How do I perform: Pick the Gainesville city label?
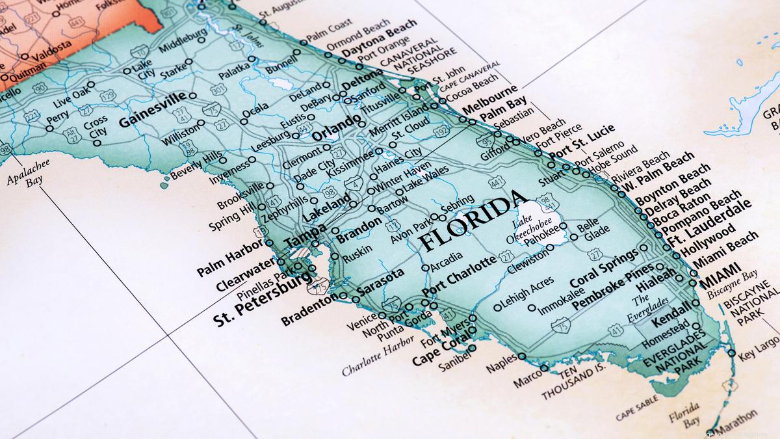[x=152, y=112]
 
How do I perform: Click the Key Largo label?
[x=759, y=347]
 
